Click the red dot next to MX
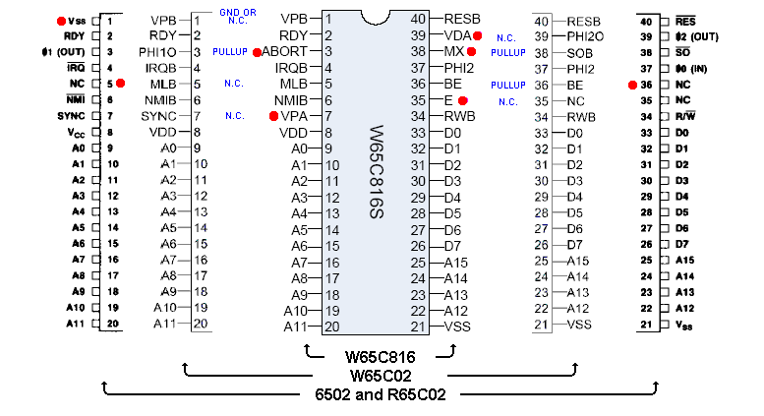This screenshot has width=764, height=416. pos(472,51)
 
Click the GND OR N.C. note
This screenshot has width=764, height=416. pos(236,17)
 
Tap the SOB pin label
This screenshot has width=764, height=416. pos(579,52)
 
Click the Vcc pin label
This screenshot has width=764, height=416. pos(76,132)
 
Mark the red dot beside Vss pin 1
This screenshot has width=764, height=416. pos(61,20)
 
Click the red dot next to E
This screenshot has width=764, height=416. pos(462,100)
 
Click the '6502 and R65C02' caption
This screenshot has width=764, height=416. pos(379,394)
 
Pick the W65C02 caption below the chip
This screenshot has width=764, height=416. pos(379,375)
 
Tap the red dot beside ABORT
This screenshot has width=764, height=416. pos(256,52)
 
